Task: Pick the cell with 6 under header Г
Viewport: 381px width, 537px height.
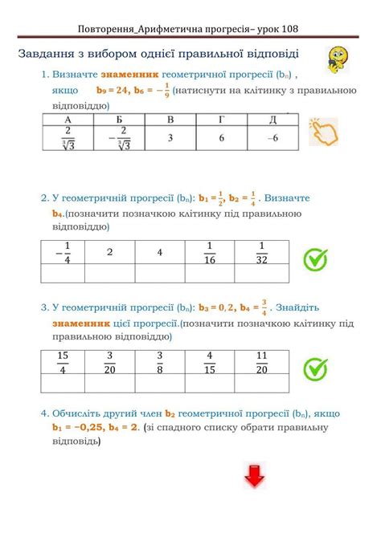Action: click(220, 138)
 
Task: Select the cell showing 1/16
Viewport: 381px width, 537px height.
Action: click(211, 252)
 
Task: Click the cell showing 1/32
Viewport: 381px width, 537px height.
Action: click(260, 252)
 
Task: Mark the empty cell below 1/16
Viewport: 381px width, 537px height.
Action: click(211, 274)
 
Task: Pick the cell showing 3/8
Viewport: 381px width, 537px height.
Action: click(159, 362)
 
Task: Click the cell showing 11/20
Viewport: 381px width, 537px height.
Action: click(260, 362)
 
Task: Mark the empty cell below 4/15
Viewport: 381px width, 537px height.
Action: click(211, 384)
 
